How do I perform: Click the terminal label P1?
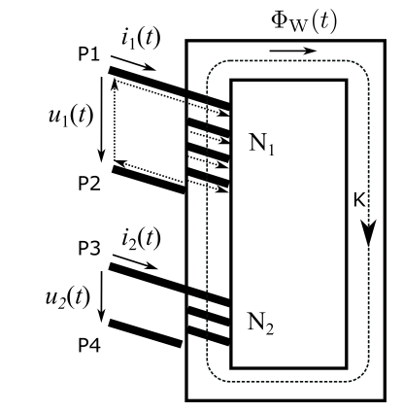(89, 54)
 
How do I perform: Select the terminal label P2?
(89, 184)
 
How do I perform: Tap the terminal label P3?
(89, 249)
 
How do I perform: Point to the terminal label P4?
(89, 345)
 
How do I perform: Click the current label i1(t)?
(141, 39)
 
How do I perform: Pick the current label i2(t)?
(141, 239)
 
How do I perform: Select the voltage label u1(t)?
(71, 116)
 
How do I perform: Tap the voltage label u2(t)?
(68, 297)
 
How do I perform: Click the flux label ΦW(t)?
(304, 22)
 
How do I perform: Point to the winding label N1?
(261, 144)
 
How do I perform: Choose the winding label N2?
(260, 323)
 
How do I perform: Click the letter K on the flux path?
(359, 200)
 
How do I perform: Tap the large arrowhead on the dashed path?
(368, 232)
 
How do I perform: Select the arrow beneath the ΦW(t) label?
(293, 51)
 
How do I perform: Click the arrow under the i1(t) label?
(133, 63)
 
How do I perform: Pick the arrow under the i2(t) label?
(135, 262)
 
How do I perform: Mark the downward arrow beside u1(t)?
(102, 120)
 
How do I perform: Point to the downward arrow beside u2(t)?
(102, 296)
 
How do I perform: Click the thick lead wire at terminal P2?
(149, 180)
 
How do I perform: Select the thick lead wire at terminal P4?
(146, 333)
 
